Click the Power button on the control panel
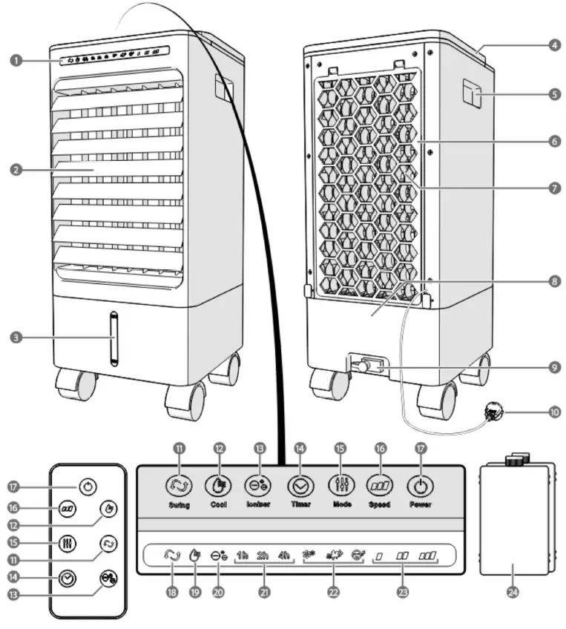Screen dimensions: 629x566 point(419,485)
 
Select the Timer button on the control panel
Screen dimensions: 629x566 point(300,485)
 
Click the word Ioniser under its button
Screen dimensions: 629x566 point(257,505)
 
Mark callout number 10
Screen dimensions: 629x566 point(554,411)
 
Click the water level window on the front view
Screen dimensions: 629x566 point(113,338)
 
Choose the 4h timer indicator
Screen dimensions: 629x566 point(284,554)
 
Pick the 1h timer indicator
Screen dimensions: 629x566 point(243,554)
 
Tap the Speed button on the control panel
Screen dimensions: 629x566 point(380,485)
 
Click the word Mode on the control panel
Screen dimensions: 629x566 point(341,505)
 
